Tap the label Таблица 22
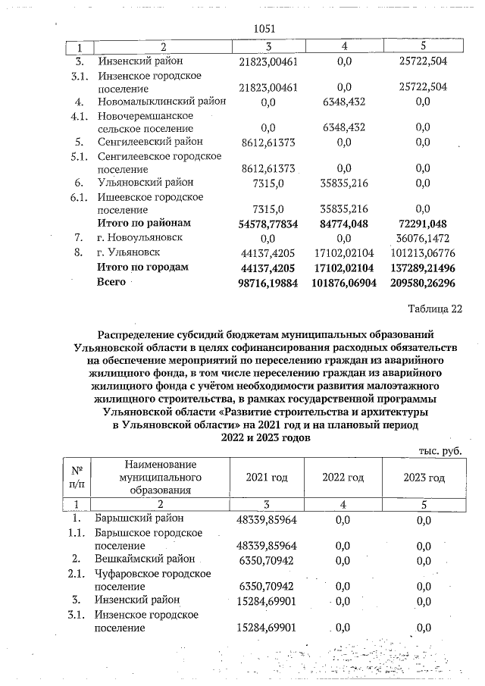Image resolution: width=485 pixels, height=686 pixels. pyautogui.click(x=433, y=308)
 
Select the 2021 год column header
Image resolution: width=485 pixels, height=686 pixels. pyautogui.click(x=267, y=478)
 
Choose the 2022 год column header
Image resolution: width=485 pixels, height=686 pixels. pyautogui.click(x=343, y=478)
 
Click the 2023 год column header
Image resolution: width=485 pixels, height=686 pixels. pyautogui.click(x=424, y=478)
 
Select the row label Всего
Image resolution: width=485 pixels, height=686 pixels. pyautogui.click(x=110, y=282)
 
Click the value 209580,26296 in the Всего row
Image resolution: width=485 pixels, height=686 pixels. pyautogui.click(x=424, y=283)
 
